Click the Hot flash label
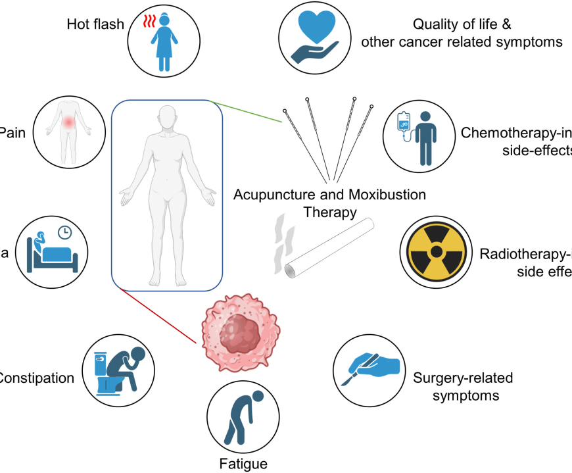95,24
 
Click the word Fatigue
243,463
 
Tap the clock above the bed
64,232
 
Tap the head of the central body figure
167,118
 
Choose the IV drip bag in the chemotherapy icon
401,122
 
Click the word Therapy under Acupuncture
329,212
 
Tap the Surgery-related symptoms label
463,387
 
